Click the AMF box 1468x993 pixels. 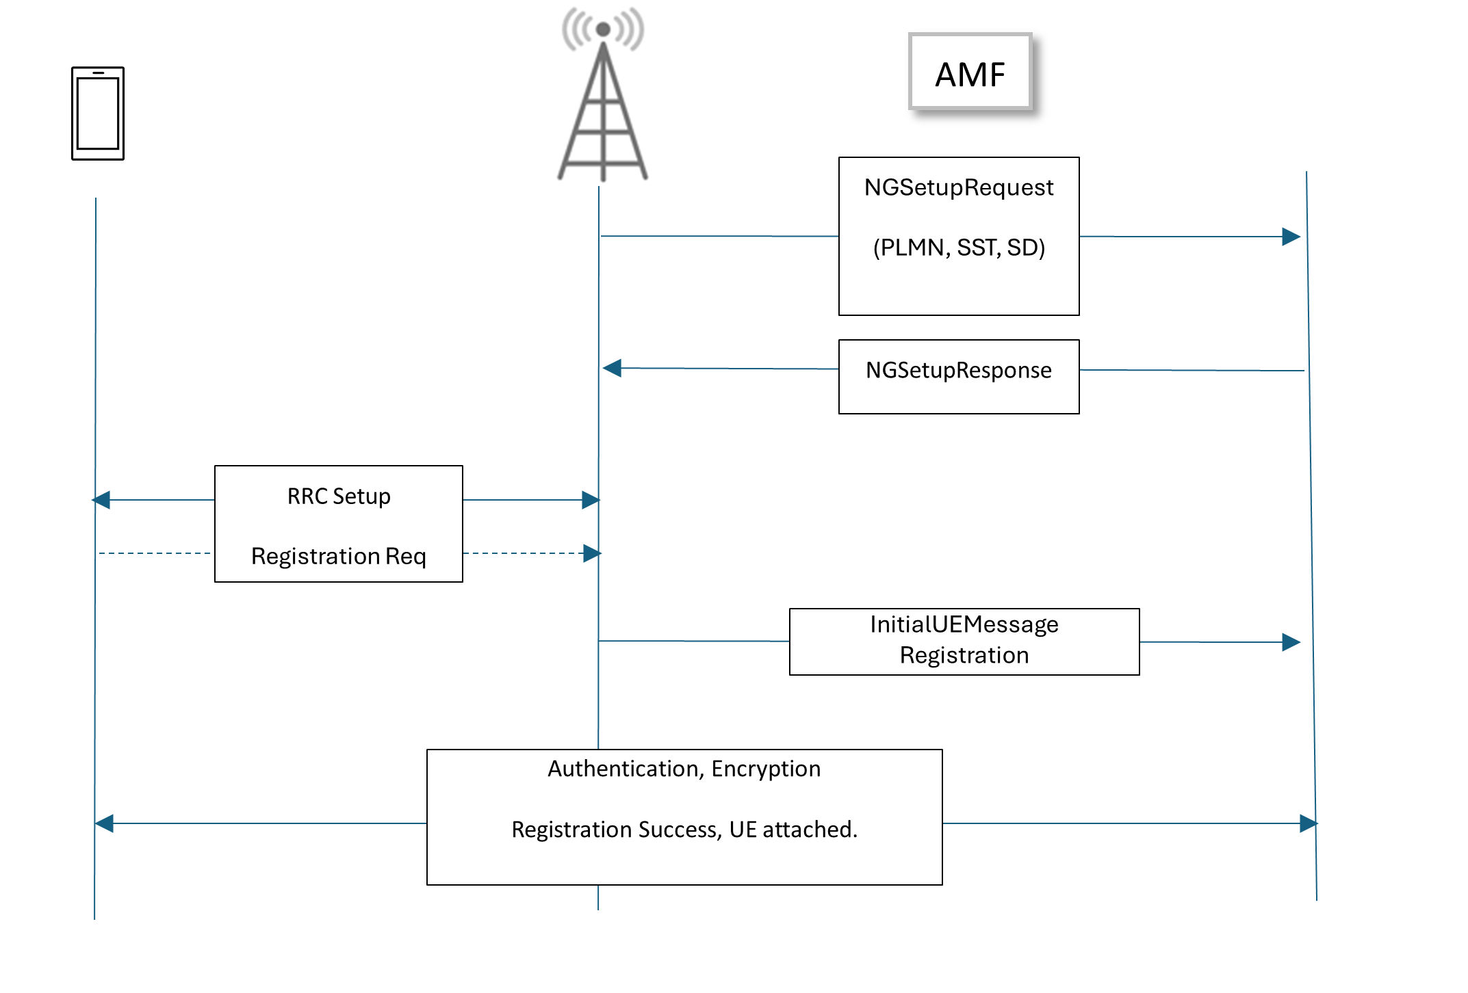[970, 72]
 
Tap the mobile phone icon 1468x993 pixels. [98, 114]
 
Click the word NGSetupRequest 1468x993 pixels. [958, 187]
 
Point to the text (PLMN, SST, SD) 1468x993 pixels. [959, 248]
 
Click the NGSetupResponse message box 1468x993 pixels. [958, 376]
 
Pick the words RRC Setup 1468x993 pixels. [339, 496]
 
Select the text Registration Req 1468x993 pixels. [339, 556]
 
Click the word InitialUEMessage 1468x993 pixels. [964, 624]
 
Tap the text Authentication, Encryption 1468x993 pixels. [684, 769]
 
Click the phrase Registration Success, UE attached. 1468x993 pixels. [684, 830]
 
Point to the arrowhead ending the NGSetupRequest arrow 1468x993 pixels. [1291, 237]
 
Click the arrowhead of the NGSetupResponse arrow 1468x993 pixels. [612, 368]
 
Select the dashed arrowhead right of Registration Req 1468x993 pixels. [592, 553]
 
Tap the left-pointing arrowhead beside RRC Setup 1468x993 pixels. [101, 500]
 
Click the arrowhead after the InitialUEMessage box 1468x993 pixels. [1291, 642]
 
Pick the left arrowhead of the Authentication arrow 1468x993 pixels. [104, 823]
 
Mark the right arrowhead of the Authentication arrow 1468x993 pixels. [1309, 823]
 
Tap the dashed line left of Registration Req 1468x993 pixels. [155, 553]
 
